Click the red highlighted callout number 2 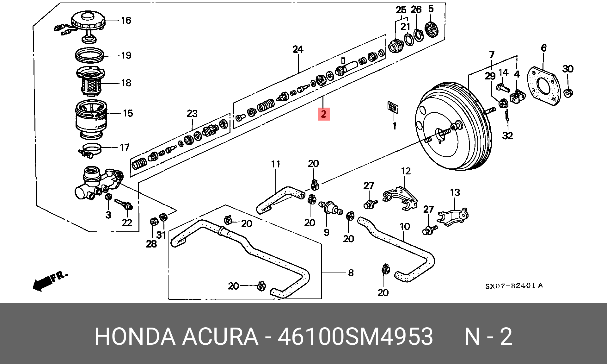pyautogui.click(x=323, y=114)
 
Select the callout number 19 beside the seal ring pyautogui.click(x=126, y=55)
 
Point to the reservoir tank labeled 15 pyautogui.click(x=91, y=119)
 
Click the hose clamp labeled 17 pyautogui.click(x=91, y=149)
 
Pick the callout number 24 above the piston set pyautogui.click(x=297, y=49)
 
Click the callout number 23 pyautogui.click(x=192, y=114)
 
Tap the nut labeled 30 pyautogui.click(x=568, y=93)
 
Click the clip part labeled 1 pyautogui.click(x=393, y=107)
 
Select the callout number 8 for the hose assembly pyautogui.click(x=351, y=273)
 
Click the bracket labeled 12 pyautogui.click(x=400, y=198)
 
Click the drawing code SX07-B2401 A pyautogui.click(x=514, y=286)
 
